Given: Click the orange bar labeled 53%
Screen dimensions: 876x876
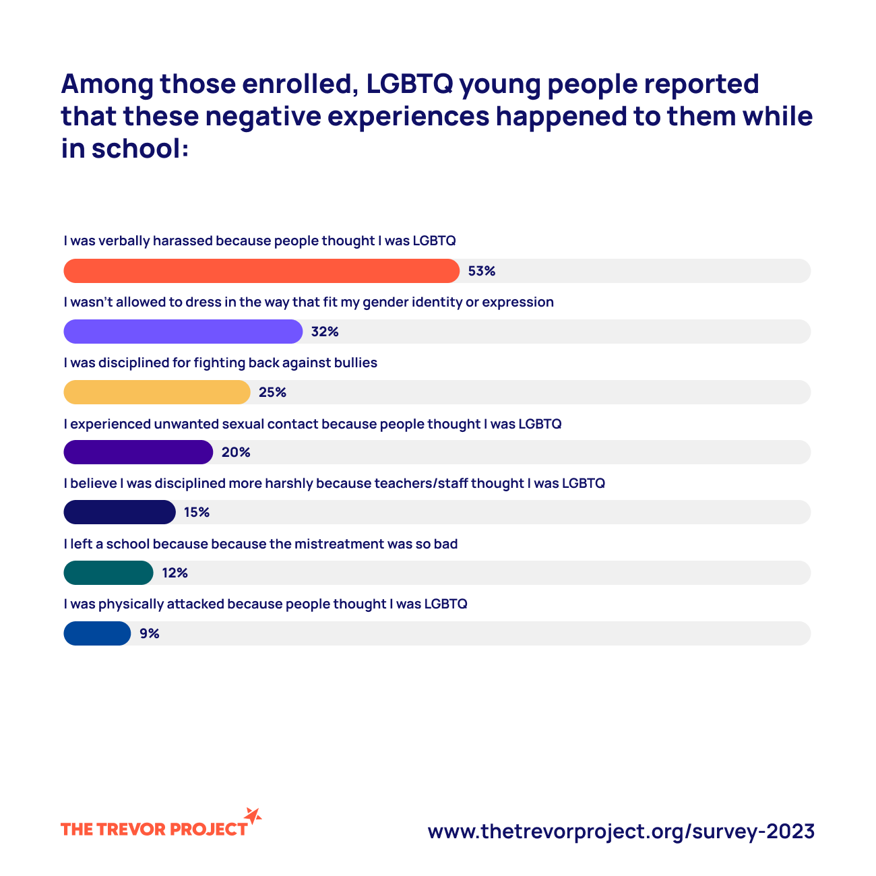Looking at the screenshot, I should [261, 271].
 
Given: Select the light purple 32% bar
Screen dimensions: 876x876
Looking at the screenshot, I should [183, 332].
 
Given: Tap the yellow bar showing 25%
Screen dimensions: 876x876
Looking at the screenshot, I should [156, 392].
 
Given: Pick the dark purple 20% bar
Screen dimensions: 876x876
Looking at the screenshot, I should [138, 452].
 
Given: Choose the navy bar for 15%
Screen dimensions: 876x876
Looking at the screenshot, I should [119, 512].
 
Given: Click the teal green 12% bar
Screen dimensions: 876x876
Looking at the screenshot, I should [108, 573].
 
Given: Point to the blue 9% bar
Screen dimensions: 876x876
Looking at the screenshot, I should [97, 633].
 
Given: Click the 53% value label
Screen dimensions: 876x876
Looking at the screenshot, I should [482, 271].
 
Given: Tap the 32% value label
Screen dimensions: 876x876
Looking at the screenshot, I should [325, 332].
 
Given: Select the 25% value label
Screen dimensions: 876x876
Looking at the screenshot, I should [272, 392].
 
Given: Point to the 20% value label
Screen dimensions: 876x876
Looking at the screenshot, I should [236, 452].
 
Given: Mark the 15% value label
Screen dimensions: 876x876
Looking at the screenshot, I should [197, 512].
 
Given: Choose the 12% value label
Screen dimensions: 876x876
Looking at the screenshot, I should [175, 573].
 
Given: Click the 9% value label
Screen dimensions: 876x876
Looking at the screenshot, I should [150, 633].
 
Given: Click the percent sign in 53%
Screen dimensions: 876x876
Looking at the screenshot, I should [490, 271].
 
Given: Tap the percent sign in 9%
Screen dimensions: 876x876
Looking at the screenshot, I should [154, 633].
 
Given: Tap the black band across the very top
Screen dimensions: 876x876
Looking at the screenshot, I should [438, 34].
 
